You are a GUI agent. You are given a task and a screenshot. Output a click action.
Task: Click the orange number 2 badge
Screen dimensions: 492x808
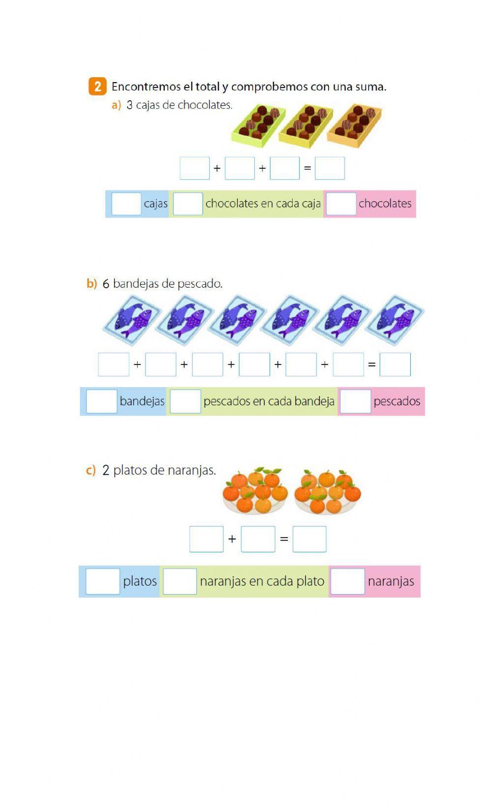click(x=97, y=87)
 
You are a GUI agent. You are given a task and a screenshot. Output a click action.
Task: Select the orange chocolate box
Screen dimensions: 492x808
click(x=354, y=125)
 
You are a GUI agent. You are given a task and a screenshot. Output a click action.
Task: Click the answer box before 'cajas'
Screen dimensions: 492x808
click(x=126, y=204)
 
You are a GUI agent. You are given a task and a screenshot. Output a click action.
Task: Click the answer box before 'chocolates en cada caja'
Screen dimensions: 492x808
click(x=187, y=204)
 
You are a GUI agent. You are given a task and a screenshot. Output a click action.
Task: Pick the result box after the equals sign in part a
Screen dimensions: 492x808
click(x=330, y=168)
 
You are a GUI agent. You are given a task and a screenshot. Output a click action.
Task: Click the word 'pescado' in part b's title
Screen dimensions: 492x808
click(x=199, y=284)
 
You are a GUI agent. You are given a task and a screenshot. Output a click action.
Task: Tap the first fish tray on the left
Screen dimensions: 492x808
click(x=131, y=319)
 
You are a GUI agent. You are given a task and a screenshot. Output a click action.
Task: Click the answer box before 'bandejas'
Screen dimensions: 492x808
click(x=101, y=401)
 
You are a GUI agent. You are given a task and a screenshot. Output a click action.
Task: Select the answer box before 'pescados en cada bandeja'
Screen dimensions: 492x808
click(x=185, y=401)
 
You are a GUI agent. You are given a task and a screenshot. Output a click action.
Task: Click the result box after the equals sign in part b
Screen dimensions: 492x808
click(x=395, y=364)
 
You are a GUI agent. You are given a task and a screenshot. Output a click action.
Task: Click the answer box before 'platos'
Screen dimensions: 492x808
click(x=102, y=581)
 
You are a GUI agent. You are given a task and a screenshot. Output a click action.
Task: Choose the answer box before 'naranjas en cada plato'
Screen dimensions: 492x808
click(x=180, y=581)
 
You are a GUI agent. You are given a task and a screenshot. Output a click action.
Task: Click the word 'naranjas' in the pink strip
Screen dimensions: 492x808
click(x=391, y=581)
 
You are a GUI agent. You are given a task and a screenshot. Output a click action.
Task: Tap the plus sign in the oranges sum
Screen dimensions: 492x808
click(x=232, y=539)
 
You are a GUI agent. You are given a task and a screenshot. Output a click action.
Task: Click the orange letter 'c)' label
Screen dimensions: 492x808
click(x=91, y=471)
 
